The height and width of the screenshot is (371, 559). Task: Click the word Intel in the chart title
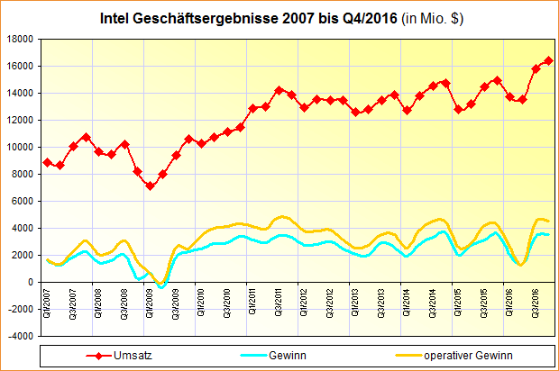coord(115,18)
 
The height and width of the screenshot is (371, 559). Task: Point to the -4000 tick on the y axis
coord(20,336)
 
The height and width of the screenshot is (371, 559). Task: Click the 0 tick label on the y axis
coord(31,282)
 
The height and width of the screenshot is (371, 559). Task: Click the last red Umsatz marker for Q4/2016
coord(548,61)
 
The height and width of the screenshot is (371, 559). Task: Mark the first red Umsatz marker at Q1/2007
coord(47,162)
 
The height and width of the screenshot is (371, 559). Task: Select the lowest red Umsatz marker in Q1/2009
coord(150,185)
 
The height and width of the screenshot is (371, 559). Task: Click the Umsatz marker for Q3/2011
coord(279,90)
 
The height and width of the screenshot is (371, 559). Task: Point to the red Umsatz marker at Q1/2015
coord(458,110)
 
